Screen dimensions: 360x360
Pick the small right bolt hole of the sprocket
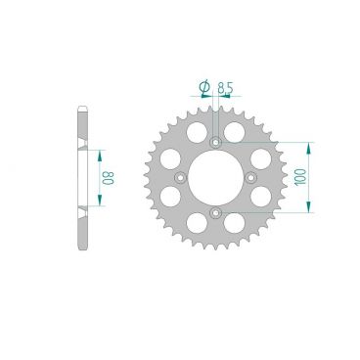(250, 177)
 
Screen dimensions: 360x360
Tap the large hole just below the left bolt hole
(171, 199)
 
